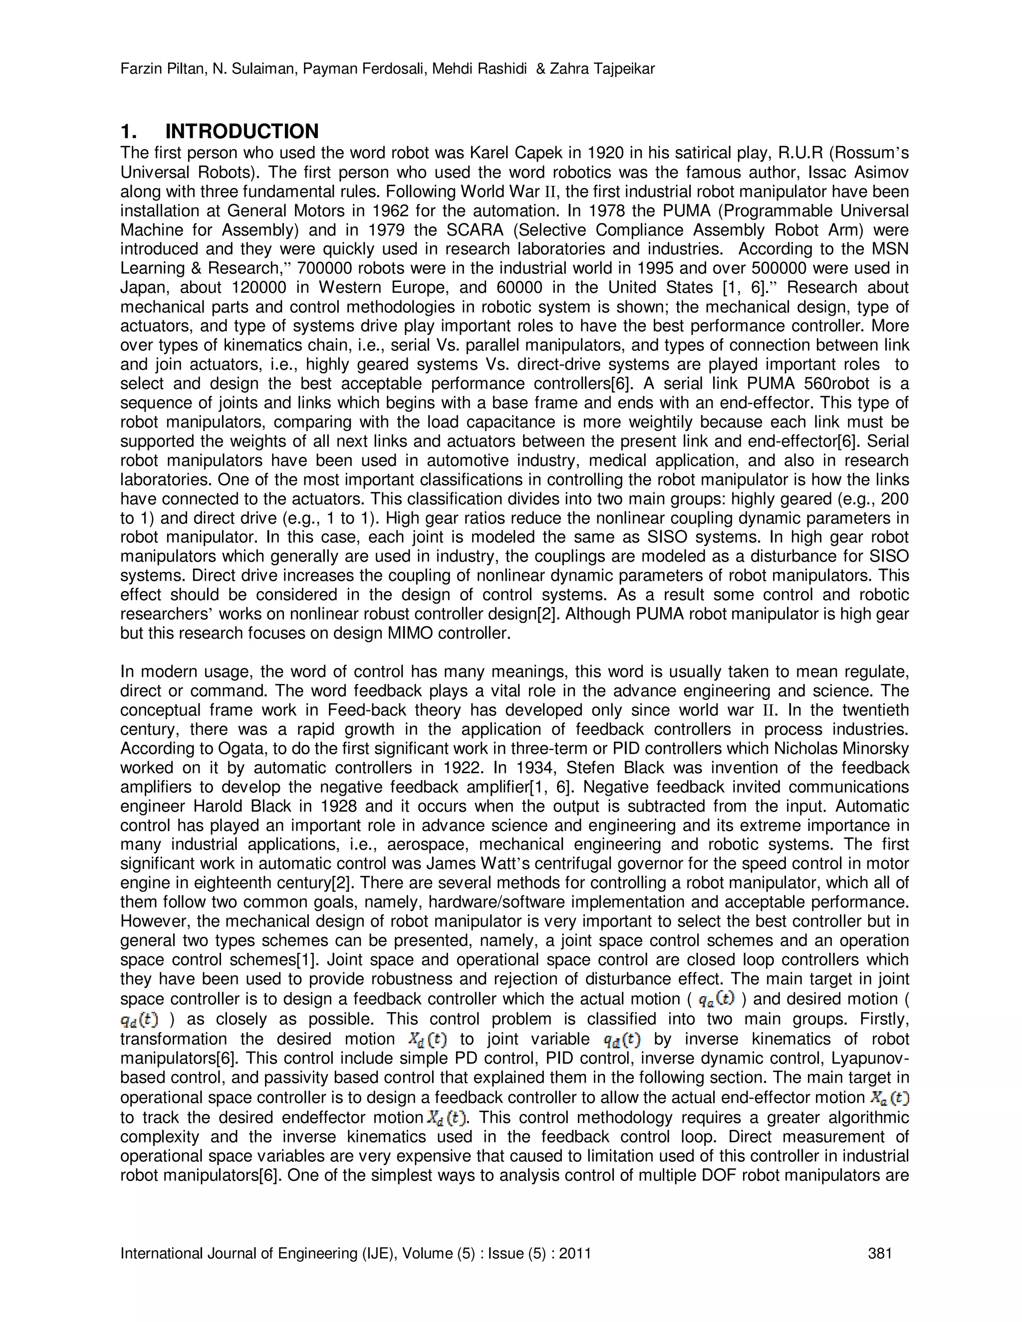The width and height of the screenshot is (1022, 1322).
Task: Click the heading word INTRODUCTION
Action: [x=242, y=131]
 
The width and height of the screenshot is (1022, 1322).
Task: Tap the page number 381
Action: [x=880, y=1253]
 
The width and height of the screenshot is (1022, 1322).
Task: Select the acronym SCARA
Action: [x=473, y=230]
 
